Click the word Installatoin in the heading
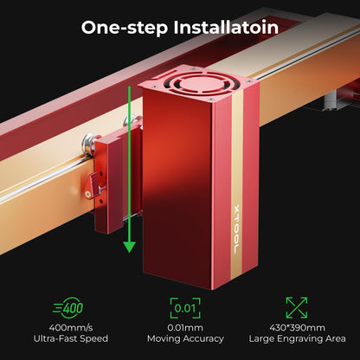[226, 28]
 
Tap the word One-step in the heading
[125, 29]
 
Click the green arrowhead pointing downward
[129, 247]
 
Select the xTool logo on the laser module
[236, 229]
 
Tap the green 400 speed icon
[68, 308]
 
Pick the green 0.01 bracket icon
[185, 308]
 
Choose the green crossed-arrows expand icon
[297, 308]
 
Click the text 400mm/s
[71, 328]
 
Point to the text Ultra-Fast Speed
[71, 338]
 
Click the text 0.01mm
[185, 328]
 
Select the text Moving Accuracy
[185, 339]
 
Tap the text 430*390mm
[297, 328]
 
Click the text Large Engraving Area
[298, 339]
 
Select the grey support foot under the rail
[333, 100]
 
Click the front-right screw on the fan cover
[211, 99]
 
